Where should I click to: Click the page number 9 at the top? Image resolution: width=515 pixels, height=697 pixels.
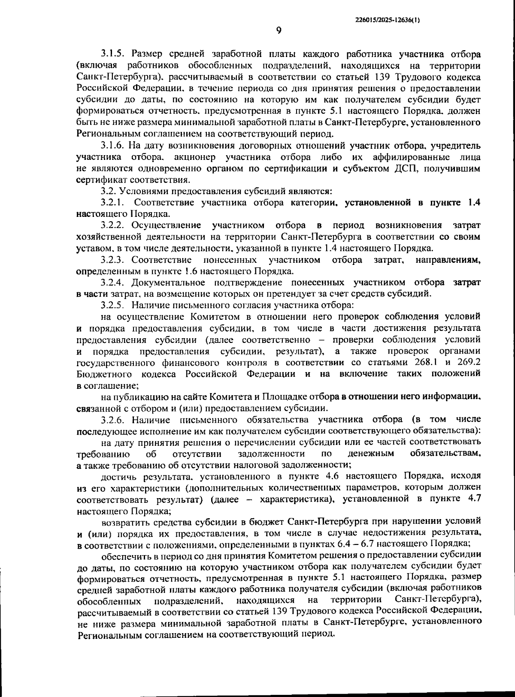click(x=279, y=30)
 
